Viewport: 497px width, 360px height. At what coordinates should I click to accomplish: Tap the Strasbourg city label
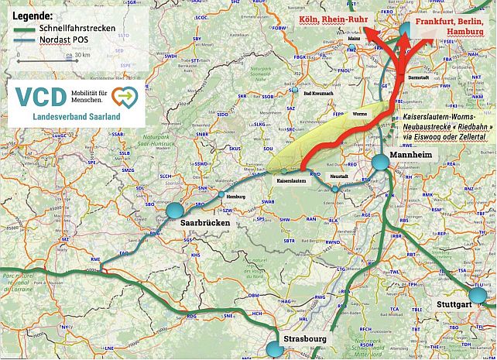(304, 339)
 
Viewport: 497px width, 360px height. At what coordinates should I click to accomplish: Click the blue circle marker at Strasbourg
(275, 350)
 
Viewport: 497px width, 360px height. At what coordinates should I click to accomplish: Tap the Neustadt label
(340, 177)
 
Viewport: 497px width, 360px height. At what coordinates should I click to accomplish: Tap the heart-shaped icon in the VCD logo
(125, 95)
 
